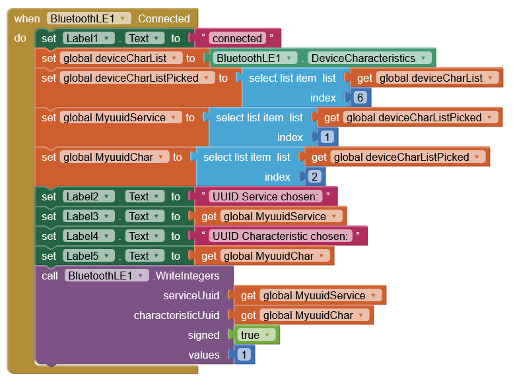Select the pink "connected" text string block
[237, 38]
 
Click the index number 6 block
[360, 98]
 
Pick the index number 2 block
[314, 177]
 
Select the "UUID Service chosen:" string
[265, 196]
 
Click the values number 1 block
[244, 355]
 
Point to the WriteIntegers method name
[187, 276]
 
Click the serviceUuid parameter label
[191, 295]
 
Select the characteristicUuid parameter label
[176, 315]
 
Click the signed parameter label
[203, 335]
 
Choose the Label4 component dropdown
[88, 236]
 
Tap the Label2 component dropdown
[88, 196]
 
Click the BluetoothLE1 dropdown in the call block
[106, 276]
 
